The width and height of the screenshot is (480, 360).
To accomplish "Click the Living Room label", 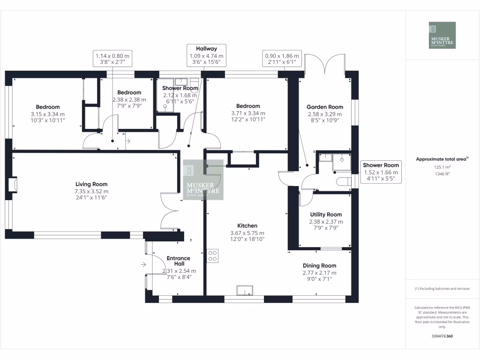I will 92,184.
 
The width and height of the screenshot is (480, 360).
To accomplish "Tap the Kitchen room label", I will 247,225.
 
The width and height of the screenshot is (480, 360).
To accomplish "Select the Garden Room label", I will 325,107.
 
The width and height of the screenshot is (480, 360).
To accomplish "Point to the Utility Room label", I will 326,214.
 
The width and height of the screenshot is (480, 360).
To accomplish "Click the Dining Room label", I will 319,265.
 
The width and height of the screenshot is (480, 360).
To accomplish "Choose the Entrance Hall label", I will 179,261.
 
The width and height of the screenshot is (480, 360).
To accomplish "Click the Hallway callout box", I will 206,55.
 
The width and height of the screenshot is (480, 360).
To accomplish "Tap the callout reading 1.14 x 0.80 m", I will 112,59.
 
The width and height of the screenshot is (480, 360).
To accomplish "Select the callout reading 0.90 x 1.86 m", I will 282,59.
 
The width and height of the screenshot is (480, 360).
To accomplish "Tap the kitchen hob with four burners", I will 212,255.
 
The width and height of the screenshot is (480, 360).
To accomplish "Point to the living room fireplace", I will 13,185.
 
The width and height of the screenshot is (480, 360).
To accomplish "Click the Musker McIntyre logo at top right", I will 442,35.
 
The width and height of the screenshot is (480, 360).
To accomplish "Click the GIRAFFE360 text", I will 442,336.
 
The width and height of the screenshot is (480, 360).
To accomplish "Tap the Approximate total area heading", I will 442,159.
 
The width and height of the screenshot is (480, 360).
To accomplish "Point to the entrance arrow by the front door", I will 142,264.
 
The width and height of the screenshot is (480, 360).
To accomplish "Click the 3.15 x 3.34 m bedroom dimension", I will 48,114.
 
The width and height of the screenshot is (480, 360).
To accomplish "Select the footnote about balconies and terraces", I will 442,289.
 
